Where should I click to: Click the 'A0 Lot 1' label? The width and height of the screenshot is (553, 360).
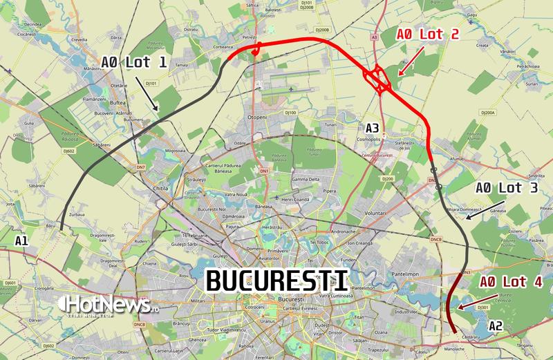134,62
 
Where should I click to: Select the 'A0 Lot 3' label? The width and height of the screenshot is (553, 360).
506,187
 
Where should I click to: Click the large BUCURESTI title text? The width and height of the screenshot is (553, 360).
276,281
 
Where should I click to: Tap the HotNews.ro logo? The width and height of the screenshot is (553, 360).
109,304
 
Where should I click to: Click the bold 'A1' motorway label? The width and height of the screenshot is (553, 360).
22,240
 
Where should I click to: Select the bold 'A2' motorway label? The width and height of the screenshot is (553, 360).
496,325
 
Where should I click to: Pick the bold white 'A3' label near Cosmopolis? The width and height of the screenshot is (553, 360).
372,128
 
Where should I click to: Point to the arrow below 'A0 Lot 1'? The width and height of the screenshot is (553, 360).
149,93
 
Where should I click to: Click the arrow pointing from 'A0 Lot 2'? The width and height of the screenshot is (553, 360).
408,60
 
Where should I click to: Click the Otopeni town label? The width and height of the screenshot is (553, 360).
256,118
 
